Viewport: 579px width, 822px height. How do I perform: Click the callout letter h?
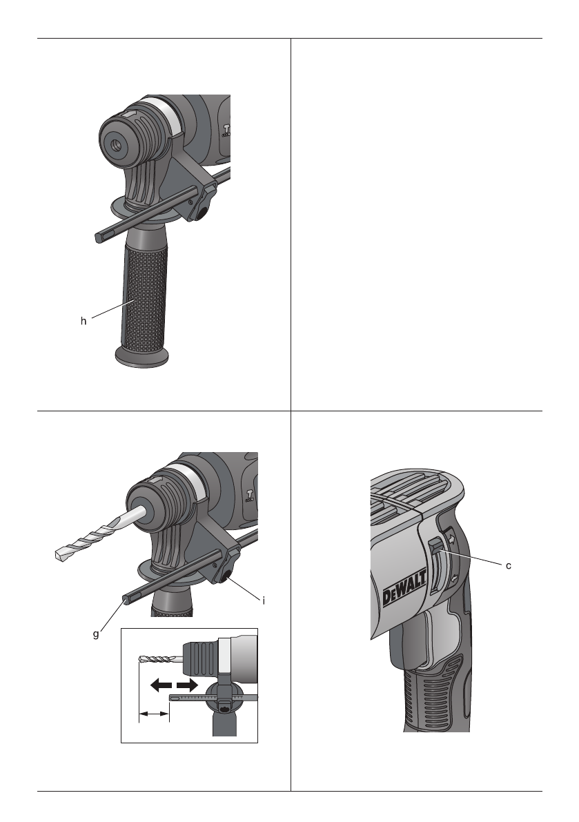(84, 322)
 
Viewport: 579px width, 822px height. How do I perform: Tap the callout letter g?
(95, 634)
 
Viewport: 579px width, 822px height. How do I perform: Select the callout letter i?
(264, 600)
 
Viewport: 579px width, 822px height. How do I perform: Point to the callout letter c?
(508, 566)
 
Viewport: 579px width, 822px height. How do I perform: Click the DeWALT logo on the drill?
(404, 589)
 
